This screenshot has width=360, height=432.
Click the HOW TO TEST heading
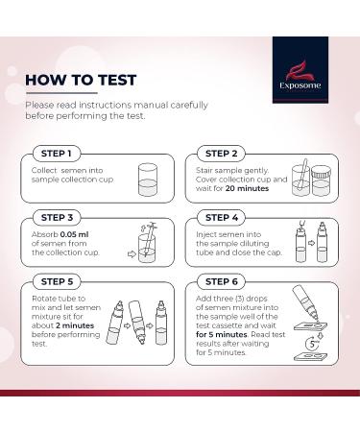[82, 79]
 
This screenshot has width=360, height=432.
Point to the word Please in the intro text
[39, 104]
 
